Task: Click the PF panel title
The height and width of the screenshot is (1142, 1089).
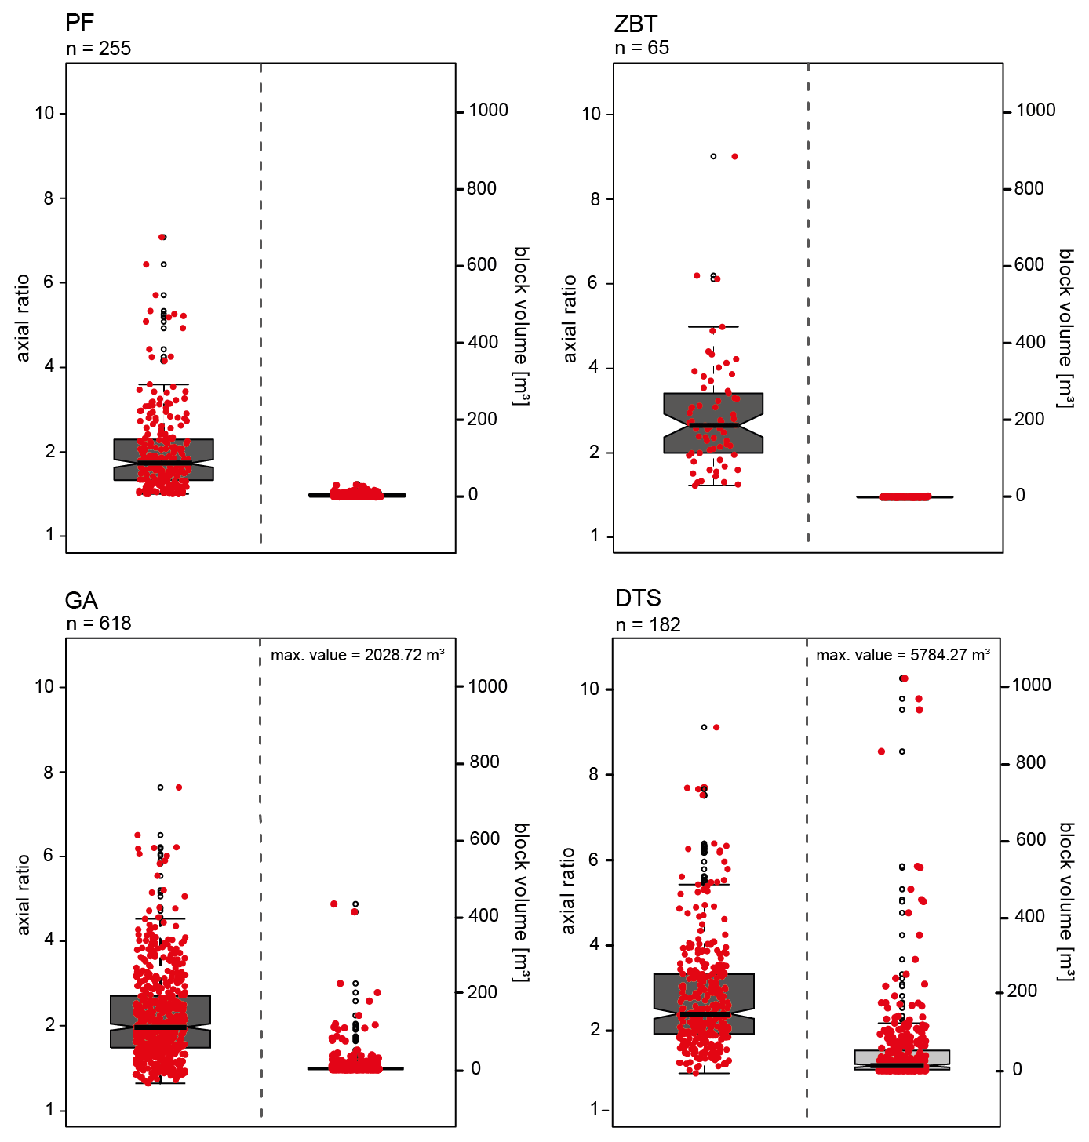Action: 80,24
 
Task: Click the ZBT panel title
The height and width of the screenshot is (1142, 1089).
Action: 635,24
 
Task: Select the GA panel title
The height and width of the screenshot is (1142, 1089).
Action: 81,601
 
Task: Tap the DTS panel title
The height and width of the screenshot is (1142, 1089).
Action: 638,598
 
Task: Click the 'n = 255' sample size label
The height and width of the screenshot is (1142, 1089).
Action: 98,49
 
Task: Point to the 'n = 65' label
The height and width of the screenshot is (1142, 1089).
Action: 642,48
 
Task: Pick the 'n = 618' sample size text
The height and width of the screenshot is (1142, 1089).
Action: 98,624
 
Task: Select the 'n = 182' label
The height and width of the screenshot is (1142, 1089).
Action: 648,625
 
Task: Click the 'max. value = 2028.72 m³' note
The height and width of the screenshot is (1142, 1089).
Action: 358,655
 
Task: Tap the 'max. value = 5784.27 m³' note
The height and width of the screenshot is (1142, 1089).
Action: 902,655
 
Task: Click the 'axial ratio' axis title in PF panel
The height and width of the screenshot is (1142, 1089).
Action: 24,318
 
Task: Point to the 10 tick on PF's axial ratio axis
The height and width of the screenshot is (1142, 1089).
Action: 45,113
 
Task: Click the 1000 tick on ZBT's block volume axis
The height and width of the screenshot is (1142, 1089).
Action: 1035,111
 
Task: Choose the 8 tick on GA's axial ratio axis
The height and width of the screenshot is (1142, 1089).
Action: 49,772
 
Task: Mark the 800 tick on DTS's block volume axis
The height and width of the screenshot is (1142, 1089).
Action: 1030,762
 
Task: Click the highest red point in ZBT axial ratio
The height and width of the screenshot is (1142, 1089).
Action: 734,157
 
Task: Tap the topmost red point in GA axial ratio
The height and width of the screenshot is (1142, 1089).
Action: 179,787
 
